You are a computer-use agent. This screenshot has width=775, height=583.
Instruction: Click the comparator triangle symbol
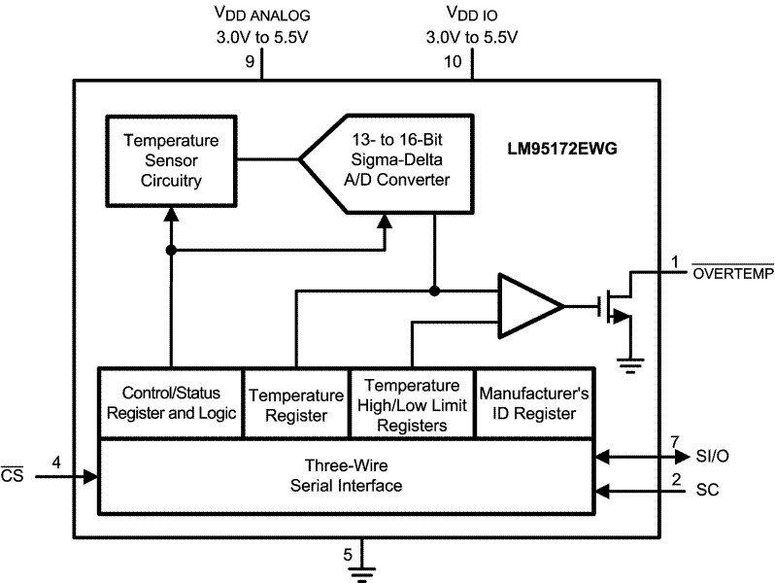[x=527, y=307]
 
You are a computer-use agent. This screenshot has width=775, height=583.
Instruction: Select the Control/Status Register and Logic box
[x=170, y=403]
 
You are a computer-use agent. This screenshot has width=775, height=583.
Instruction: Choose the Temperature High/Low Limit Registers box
[x=411, y=403]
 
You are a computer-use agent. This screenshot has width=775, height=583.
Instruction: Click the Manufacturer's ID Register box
[x=533, y=403]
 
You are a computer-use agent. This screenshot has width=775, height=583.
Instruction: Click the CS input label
[x=12, y=474]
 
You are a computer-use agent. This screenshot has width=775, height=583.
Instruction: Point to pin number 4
[x=56, y=463]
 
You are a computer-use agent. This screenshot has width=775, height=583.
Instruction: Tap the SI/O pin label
[x=716, y=455]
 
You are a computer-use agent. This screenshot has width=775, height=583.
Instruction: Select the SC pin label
[x=708, y=491]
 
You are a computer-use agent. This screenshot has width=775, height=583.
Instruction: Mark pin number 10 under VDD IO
[x=453, y=62]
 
